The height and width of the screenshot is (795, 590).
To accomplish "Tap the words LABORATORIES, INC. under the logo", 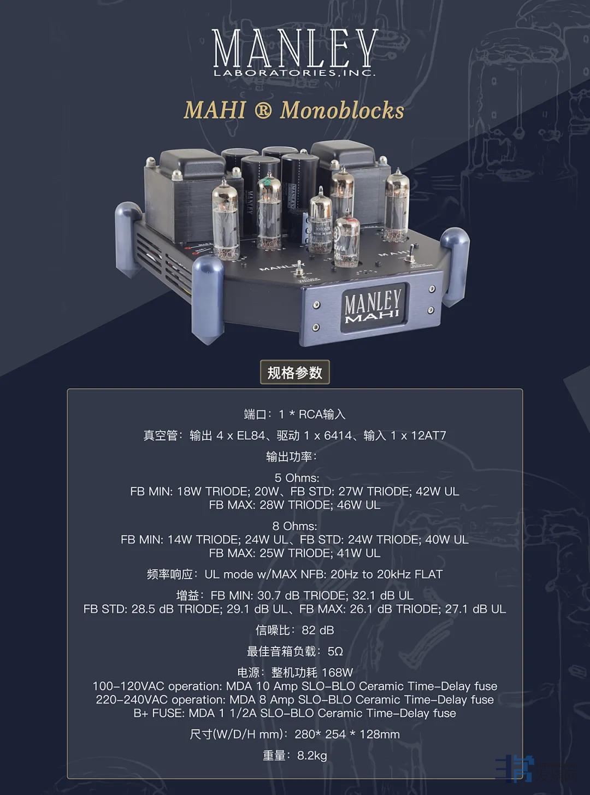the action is click(x=294, y=73).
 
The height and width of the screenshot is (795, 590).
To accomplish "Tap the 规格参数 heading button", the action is click(x=294, y=373).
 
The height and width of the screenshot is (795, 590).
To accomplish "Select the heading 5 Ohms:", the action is click(x=297, y=478).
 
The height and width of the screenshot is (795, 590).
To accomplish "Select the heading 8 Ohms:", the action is click(x=294, y=526).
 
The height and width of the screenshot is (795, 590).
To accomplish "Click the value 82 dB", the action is click(x=317, y=630).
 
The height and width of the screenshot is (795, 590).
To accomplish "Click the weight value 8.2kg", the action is click(x=312, y=756).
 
